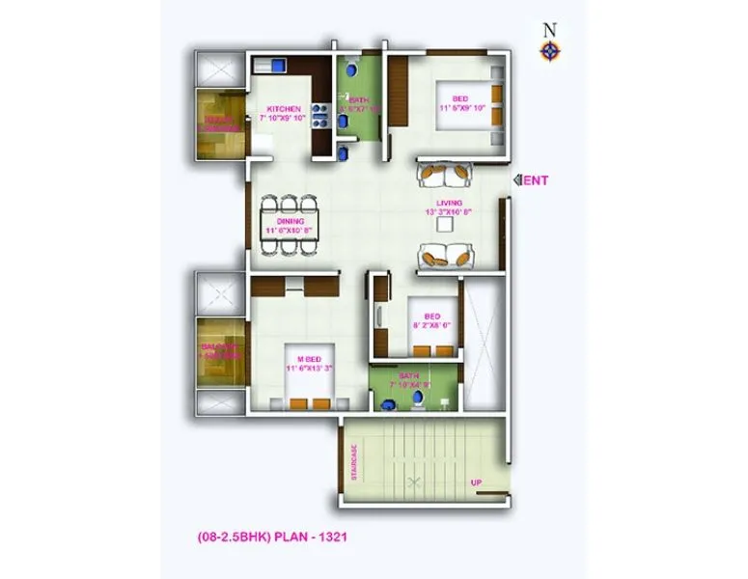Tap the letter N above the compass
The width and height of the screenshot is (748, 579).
549,28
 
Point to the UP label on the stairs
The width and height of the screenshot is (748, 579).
476,482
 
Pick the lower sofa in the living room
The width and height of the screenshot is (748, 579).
446,257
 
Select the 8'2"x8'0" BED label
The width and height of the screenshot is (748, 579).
432,320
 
